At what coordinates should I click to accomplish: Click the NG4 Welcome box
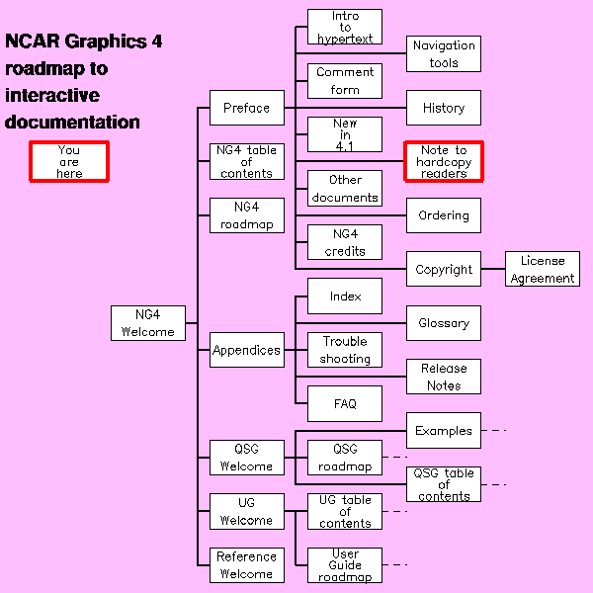148,323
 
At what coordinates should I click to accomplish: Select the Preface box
246,108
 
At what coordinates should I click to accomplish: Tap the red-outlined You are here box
69,161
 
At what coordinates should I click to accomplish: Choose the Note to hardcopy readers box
444,161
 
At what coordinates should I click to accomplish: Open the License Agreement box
543,270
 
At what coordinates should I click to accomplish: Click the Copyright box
444,269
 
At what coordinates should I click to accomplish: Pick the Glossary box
444,323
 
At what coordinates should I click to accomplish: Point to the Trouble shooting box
345,350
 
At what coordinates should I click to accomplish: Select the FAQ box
345,403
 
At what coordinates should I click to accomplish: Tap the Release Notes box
444,377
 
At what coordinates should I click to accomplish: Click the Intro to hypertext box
345,27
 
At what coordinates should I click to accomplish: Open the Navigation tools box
444,53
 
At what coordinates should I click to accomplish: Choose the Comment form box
345,81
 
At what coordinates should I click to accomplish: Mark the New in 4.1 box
345,134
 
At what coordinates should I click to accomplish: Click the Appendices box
246,350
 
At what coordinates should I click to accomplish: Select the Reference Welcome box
246,565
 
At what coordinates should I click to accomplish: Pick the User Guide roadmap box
345,565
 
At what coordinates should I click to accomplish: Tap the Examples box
444,431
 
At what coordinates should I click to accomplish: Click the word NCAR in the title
33,42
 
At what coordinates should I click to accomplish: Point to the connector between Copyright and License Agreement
493,269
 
